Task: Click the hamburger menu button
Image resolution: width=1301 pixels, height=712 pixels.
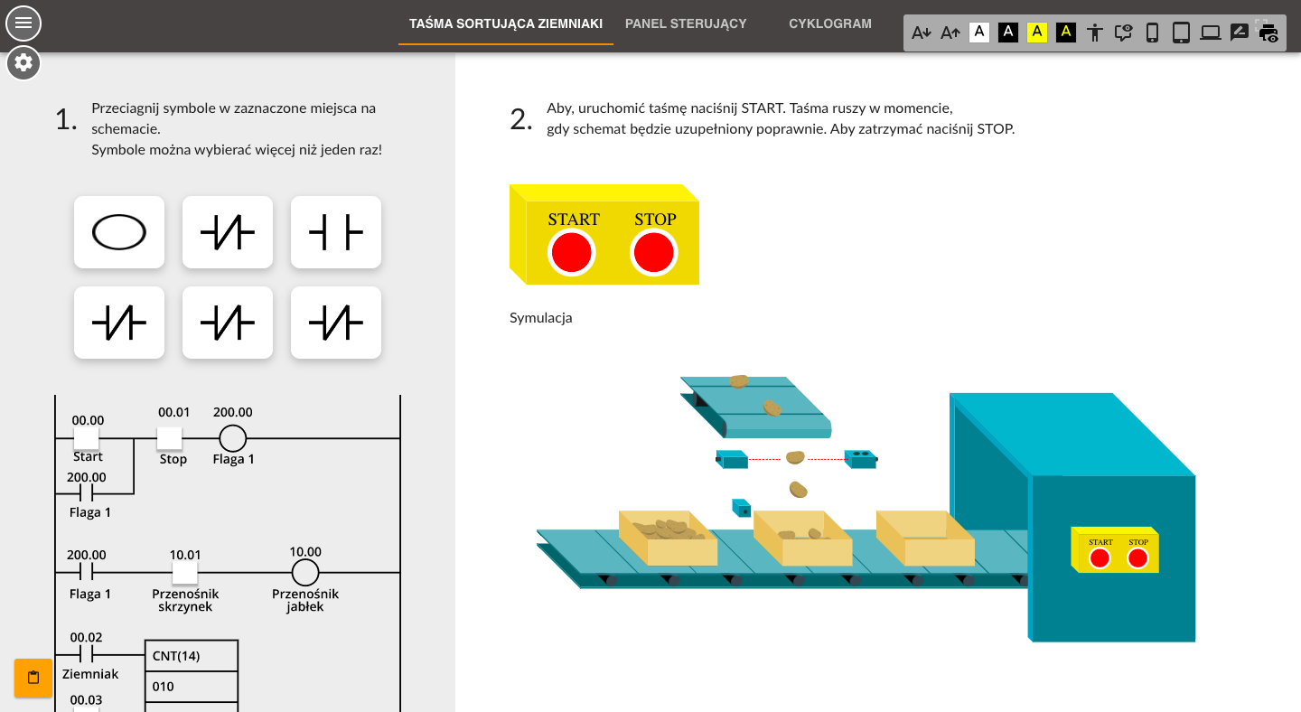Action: (23, 23)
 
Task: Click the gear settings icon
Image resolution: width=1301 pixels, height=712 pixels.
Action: (23, 62)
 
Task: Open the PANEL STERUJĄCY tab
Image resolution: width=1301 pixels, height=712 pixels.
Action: (686, 23)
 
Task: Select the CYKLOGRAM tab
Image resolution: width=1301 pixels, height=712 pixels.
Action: (830, 23)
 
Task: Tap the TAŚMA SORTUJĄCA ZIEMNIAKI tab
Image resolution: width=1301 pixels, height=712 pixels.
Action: (505, 23)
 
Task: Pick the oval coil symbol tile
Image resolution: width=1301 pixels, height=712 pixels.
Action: (119, 232)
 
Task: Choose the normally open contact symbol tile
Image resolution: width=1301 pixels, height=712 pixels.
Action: (336, 232)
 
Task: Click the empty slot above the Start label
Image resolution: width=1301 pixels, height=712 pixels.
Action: (86, 438)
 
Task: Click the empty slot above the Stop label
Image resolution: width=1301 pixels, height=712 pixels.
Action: (170, 438)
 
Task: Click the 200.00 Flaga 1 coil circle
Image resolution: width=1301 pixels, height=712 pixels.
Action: (233, 438)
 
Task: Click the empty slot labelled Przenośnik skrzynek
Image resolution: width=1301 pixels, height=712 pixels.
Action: (184, 573)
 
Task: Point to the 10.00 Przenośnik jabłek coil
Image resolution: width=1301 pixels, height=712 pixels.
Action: (305, 573)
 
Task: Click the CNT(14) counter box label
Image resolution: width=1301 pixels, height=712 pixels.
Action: (176, 656)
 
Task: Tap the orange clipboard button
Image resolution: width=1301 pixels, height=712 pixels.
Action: (33, 678)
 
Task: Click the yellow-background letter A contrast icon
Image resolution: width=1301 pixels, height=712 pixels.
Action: (1037, 32)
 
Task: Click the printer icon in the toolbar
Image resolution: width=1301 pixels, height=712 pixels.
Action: (1268, 33)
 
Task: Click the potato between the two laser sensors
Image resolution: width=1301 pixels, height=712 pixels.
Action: (795, 457)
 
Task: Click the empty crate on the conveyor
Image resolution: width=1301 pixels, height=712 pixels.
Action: (925, 538)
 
